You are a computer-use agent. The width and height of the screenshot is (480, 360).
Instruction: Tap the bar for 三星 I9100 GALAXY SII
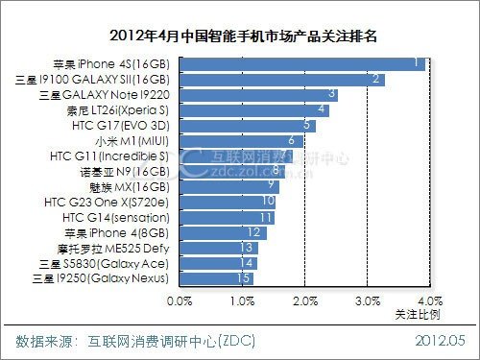point(281,79)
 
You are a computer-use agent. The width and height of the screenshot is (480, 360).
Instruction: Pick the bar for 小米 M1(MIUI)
point(242,140)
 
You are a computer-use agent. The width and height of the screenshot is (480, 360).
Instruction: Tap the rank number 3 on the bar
point(332,94)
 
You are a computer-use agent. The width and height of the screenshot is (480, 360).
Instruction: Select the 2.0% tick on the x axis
point(304,301)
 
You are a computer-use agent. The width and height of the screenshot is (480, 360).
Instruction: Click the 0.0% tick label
point(180,301)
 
